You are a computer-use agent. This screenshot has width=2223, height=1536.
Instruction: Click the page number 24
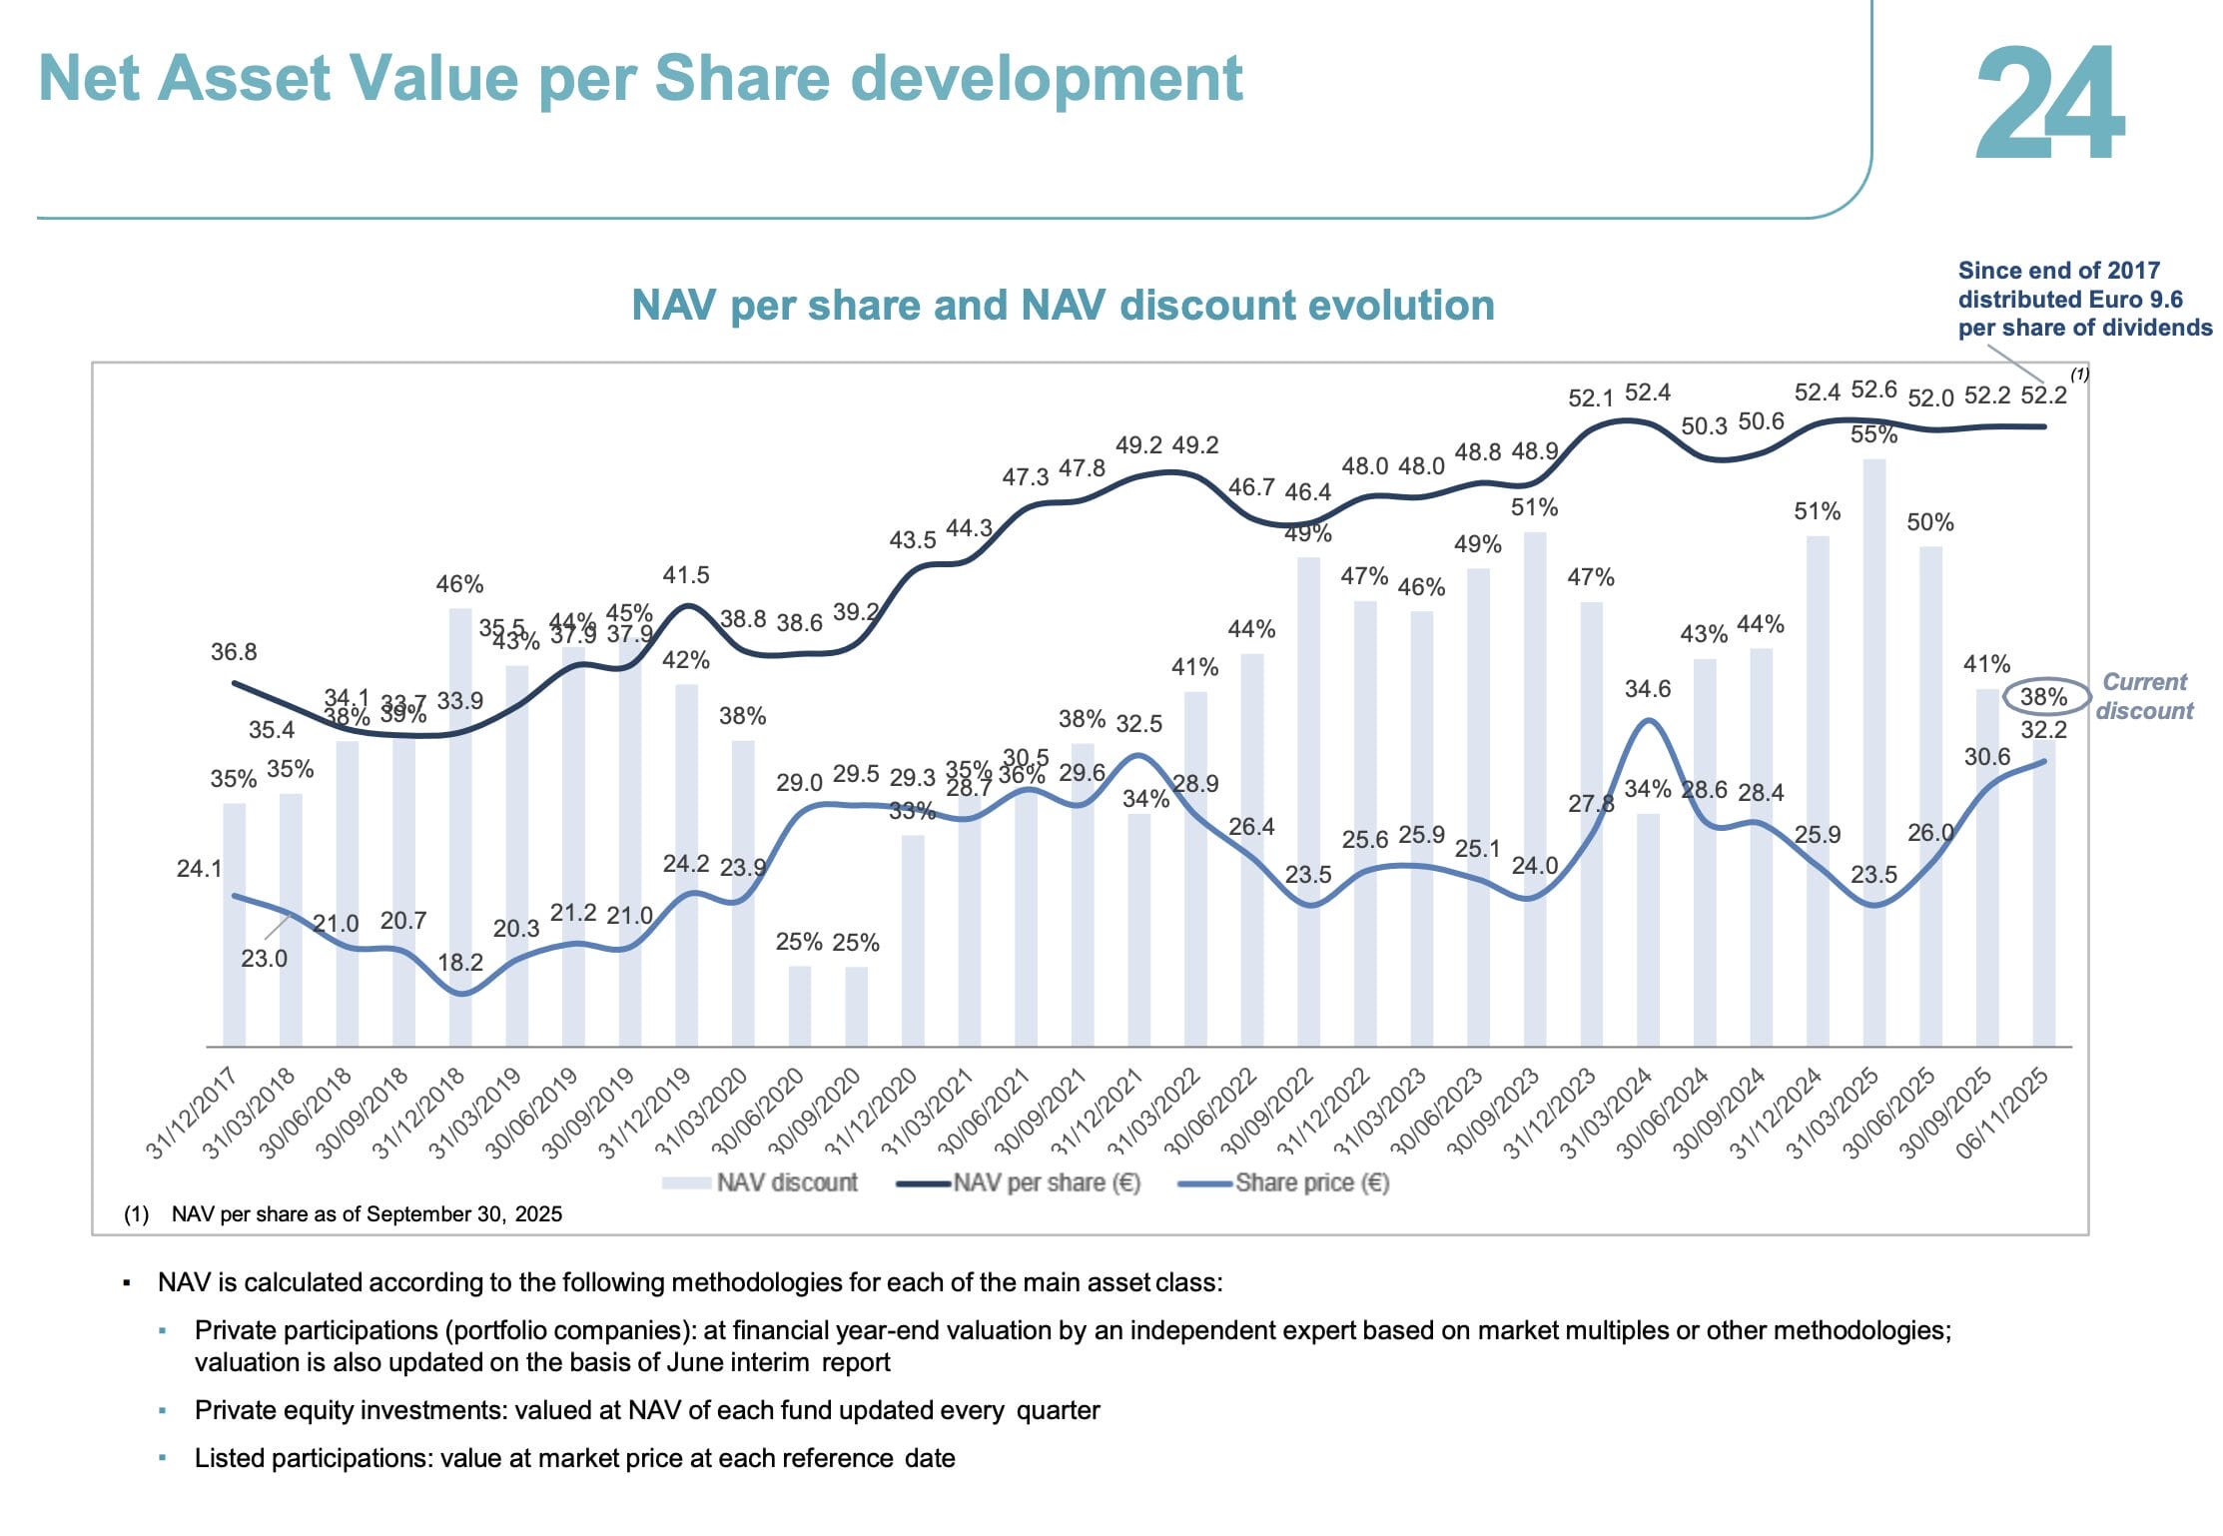point(2049,103)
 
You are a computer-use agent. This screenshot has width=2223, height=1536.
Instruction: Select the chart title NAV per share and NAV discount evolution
point(1063,305)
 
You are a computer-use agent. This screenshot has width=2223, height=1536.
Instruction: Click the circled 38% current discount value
point(2043,696)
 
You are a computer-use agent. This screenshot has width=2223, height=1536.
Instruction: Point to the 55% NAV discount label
point(1873,434)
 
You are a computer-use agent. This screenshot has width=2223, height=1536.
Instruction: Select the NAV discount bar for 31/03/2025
point(1873,749)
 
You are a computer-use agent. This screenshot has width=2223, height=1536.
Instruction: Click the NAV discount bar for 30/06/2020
point(799,1005)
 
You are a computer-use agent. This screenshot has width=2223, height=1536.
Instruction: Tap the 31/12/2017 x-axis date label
point(192,1113)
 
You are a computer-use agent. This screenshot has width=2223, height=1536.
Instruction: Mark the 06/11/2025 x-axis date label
point(2001,1113)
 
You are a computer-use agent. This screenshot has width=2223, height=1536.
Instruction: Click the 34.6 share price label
point(1647,688)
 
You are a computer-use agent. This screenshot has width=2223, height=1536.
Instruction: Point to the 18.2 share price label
point(460,962)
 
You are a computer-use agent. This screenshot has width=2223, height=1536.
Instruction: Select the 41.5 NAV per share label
point(686,575)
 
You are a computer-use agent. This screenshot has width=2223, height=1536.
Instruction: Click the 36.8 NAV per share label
point(234,652)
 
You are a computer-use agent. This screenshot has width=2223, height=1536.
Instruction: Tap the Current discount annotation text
point(2144,696)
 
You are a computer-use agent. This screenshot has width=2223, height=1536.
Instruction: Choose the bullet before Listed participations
point(162,1458)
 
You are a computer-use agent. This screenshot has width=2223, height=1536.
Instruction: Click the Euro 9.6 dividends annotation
point(2083,299)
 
